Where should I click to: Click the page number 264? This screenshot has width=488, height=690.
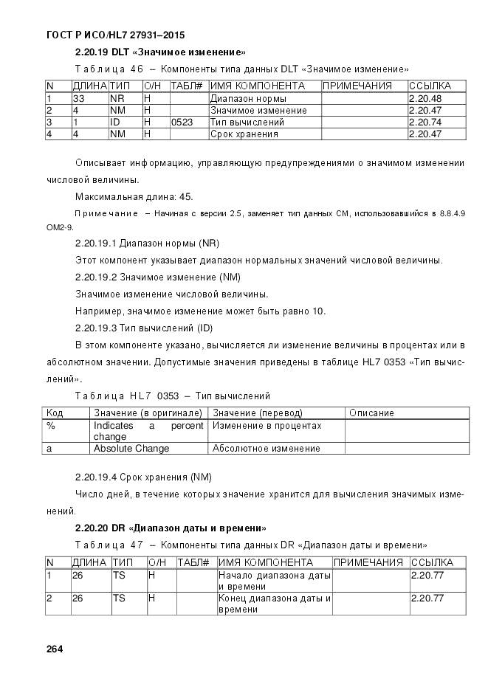coord(54,649)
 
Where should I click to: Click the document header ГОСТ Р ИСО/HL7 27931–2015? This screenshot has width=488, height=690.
coord(115,35)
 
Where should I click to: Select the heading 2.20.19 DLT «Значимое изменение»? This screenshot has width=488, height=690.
coord(160,52)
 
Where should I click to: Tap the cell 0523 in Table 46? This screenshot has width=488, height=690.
coord(182,122)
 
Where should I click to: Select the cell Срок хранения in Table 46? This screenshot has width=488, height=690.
coord(244,134)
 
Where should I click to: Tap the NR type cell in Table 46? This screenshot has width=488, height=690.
coord(117,98)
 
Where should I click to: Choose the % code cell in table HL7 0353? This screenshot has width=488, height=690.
coord(51,426)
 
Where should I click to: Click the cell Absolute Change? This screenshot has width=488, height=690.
coord(131,448)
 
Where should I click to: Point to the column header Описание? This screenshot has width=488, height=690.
coord(371,413)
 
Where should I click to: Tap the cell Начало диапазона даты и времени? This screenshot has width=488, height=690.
coord(273,580)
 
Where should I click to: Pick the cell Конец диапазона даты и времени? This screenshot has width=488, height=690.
coord(273,604)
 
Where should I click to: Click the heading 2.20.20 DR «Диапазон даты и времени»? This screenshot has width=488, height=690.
coord(171,528)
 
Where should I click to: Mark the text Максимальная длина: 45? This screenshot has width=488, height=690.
coord(133,196)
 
